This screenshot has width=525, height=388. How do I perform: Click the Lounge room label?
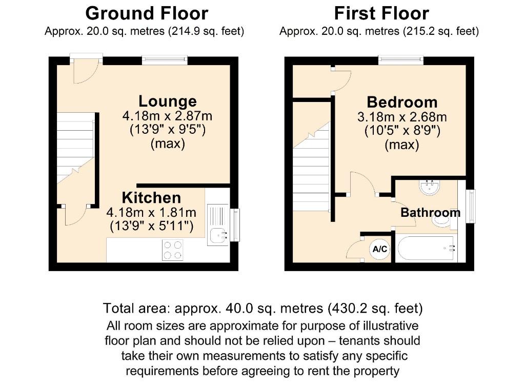[167, 101]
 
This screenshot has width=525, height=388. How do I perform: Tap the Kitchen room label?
[151, 198]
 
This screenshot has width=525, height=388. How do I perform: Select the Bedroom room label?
[402, 101]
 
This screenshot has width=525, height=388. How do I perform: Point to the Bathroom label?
[430, 212]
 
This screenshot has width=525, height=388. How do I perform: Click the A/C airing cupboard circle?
[380, 250]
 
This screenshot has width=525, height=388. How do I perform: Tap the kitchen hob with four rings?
[173, 251]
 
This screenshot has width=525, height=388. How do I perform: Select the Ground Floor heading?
[147, 13]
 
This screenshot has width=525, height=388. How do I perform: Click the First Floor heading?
[381, 13]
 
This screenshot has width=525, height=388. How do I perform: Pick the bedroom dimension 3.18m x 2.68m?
[402, 117]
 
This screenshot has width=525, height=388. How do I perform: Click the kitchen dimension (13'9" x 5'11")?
[151, 226]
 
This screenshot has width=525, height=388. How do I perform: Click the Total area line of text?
[262, 309]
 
